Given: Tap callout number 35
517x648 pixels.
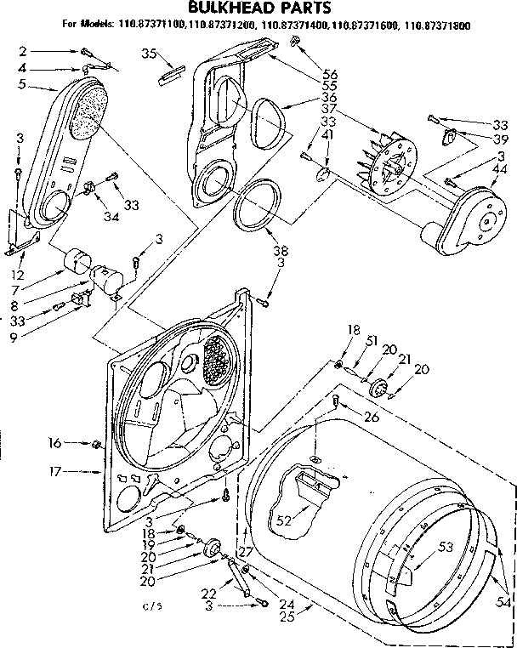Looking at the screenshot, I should click(x=149, y=54).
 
